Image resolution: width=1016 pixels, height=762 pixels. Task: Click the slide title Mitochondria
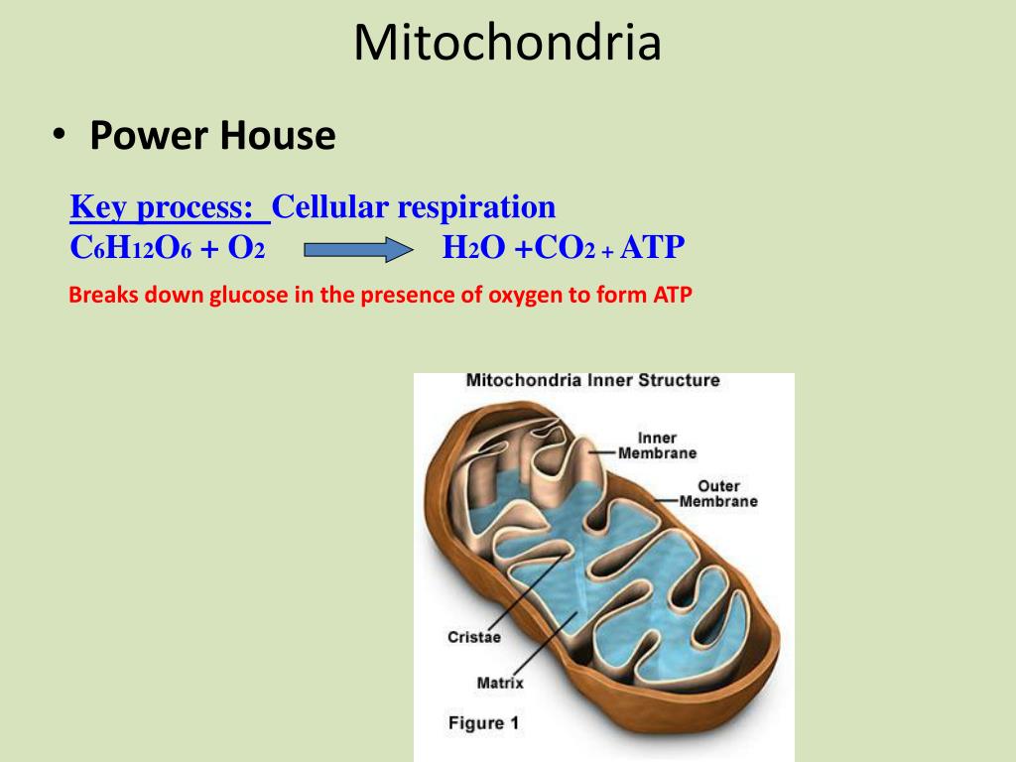[x=507, y=44]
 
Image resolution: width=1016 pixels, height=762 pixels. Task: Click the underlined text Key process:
[x=170, y=207]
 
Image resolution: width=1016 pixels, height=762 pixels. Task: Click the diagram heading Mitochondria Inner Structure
[x=592, y=380]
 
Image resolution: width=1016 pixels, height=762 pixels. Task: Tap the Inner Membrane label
[x=657, y=445]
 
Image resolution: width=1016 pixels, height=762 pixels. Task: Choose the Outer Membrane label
[x=718, y=493]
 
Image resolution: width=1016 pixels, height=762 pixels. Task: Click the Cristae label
[x=473, y=638]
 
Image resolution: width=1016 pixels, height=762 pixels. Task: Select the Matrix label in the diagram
[x=500, y=683]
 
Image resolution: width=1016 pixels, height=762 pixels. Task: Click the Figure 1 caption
[x=483, y=723]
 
